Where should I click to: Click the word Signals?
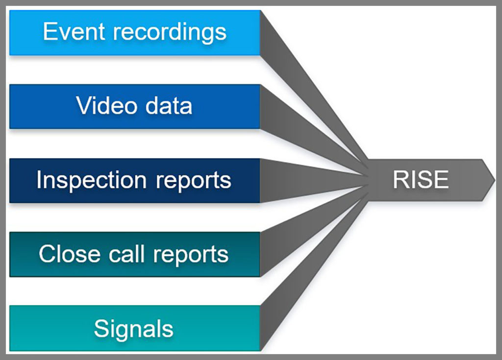tap(133, 329)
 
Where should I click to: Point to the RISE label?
tap(420, 180)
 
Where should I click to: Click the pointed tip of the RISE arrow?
tap(494, 180)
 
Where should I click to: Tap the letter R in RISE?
tap(399, 180)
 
